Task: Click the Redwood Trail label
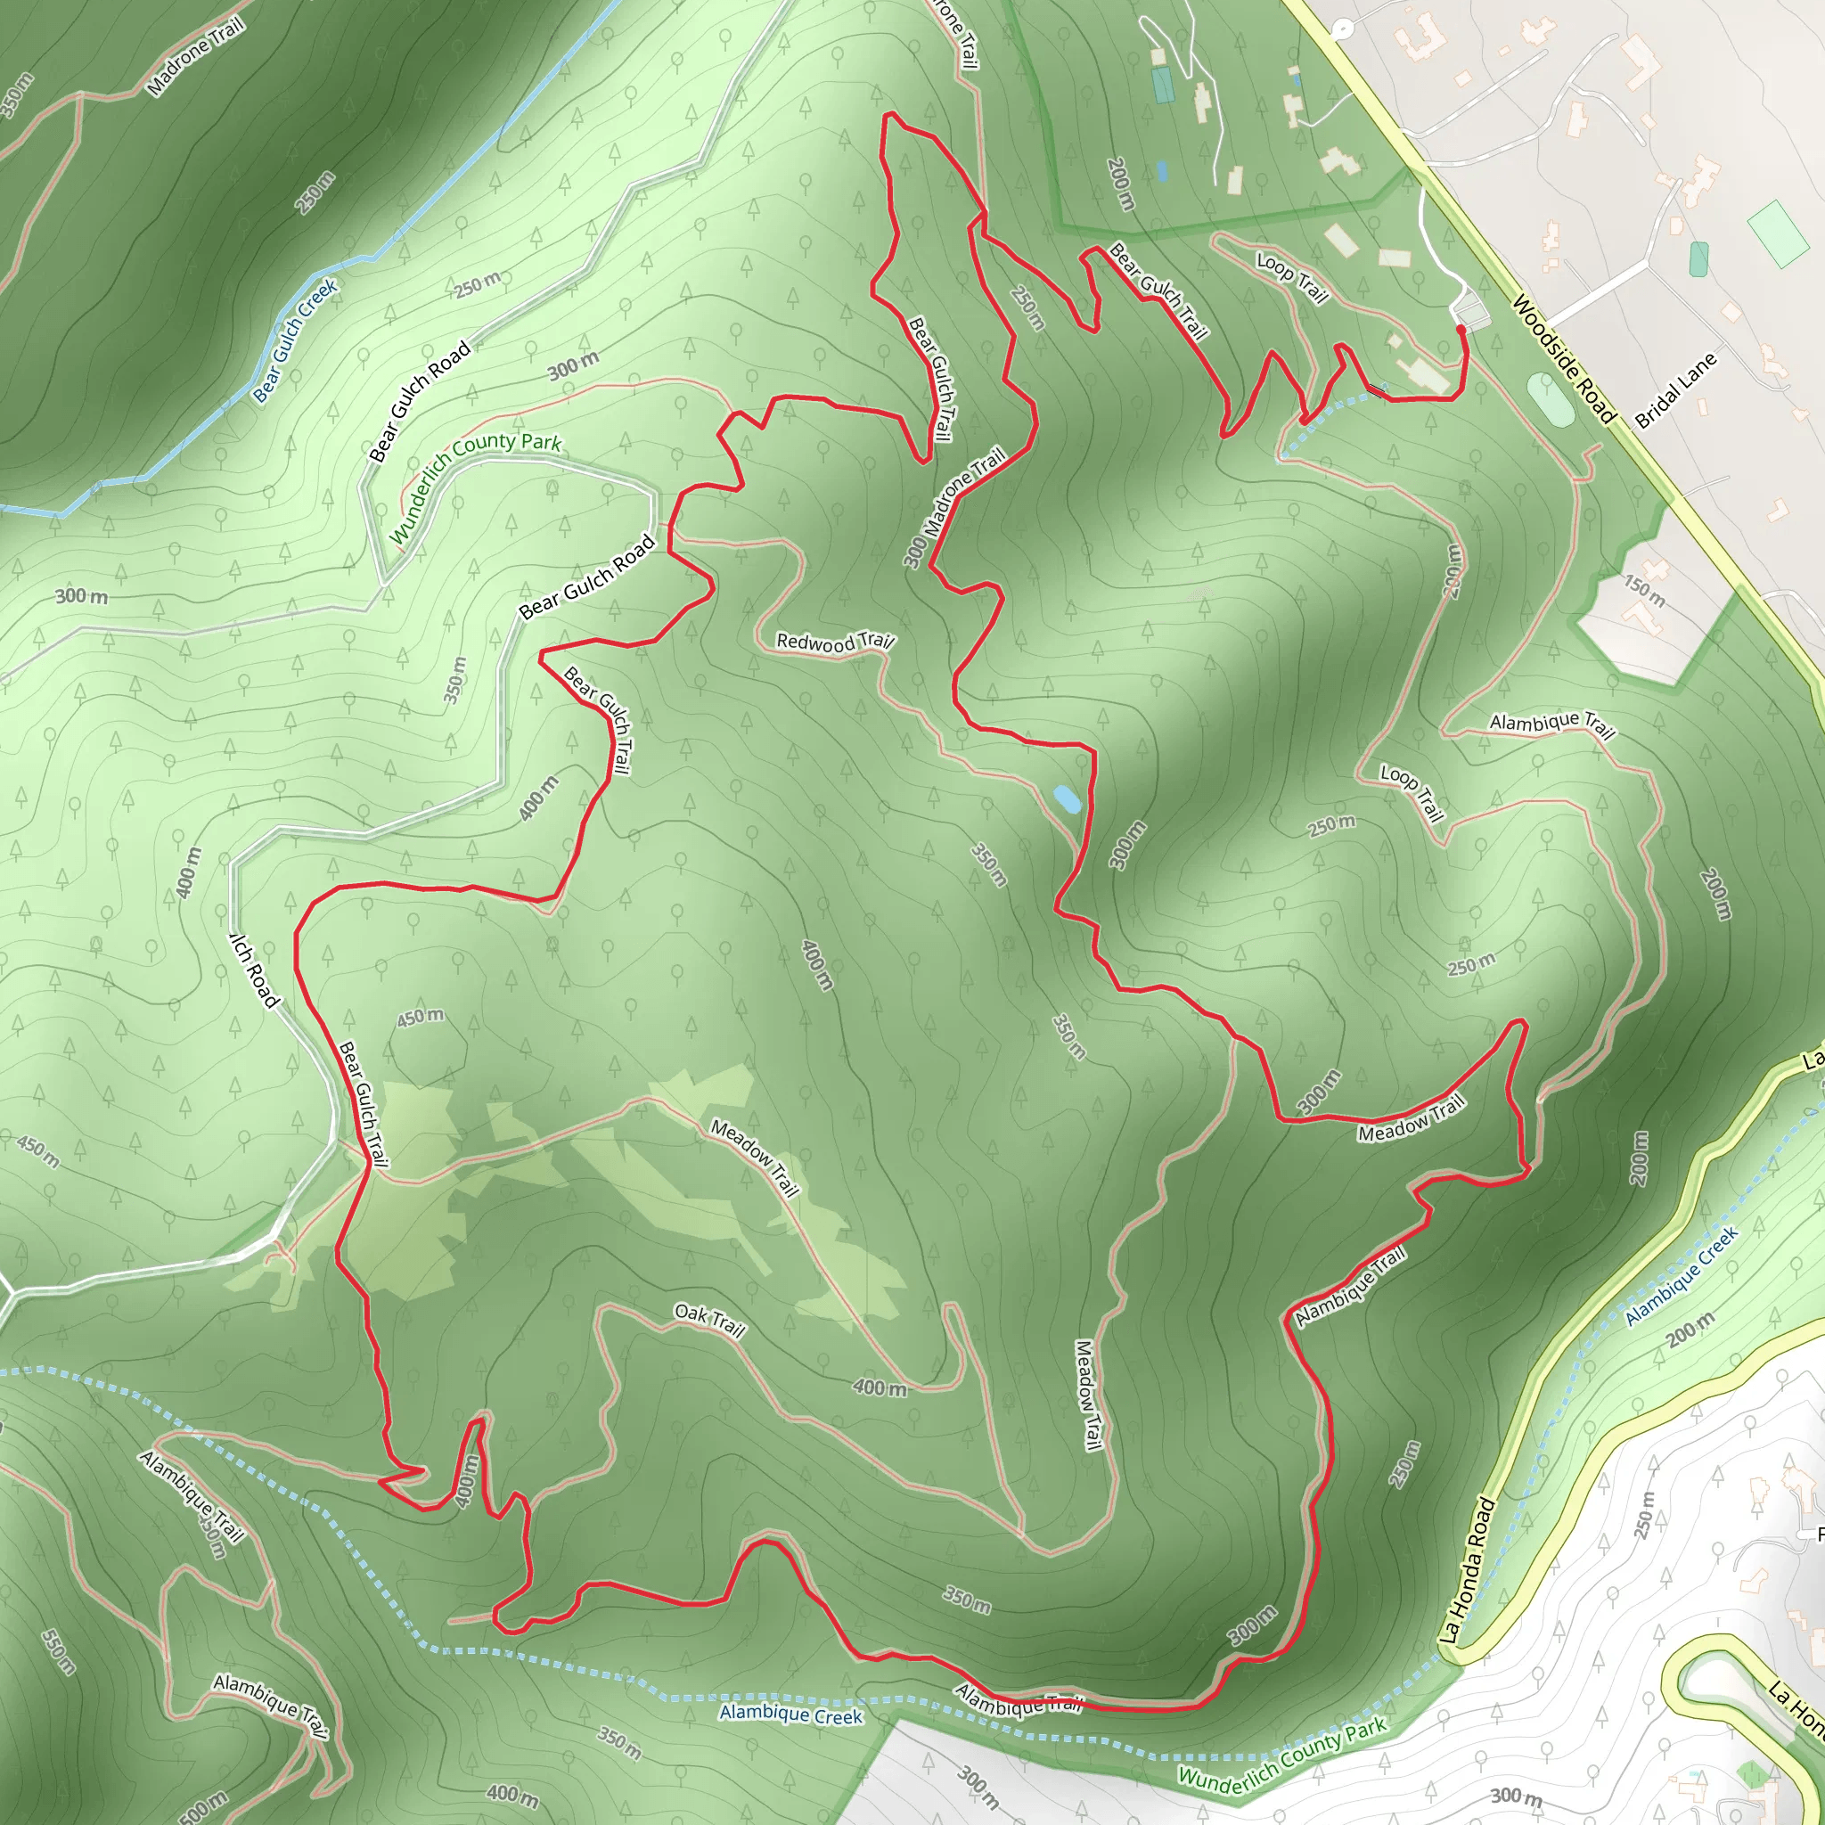834,642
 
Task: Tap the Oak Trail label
709,1322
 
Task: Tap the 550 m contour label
59,1651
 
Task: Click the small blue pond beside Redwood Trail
1067,799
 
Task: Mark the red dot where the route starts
1461,330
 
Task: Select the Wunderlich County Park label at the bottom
1283,1751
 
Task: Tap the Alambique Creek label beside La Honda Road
1682,1275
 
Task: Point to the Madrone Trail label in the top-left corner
195,56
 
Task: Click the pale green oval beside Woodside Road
1551,398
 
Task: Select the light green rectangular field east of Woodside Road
1778,233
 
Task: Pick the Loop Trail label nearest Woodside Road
1292,277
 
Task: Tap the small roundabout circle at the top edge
1342,29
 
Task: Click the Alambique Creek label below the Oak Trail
790,1715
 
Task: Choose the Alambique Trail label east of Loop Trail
1552,724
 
